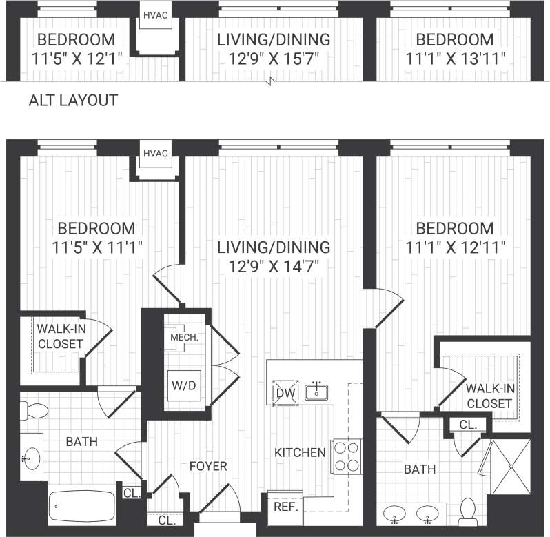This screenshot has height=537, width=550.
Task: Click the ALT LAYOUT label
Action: pyautogui.click(x=72, y=101)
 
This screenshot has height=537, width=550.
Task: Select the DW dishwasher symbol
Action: pyautogui.click(x=284, y=393)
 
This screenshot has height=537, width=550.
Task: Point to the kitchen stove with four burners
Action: pyautogui.click(x=347, y=456)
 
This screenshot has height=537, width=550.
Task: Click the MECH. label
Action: pyautogui.click(x=184, y=338)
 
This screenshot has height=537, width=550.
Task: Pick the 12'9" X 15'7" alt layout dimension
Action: pyautogui.click(x=274, y=57)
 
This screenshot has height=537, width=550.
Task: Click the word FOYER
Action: pyautogui.click(x=208, y=467)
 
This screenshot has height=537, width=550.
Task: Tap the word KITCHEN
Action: pyautogui.click(x=300, y=453)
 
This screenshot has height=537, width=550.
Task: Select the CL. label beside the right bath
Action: pyautogui.click(x=467, y=426)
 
